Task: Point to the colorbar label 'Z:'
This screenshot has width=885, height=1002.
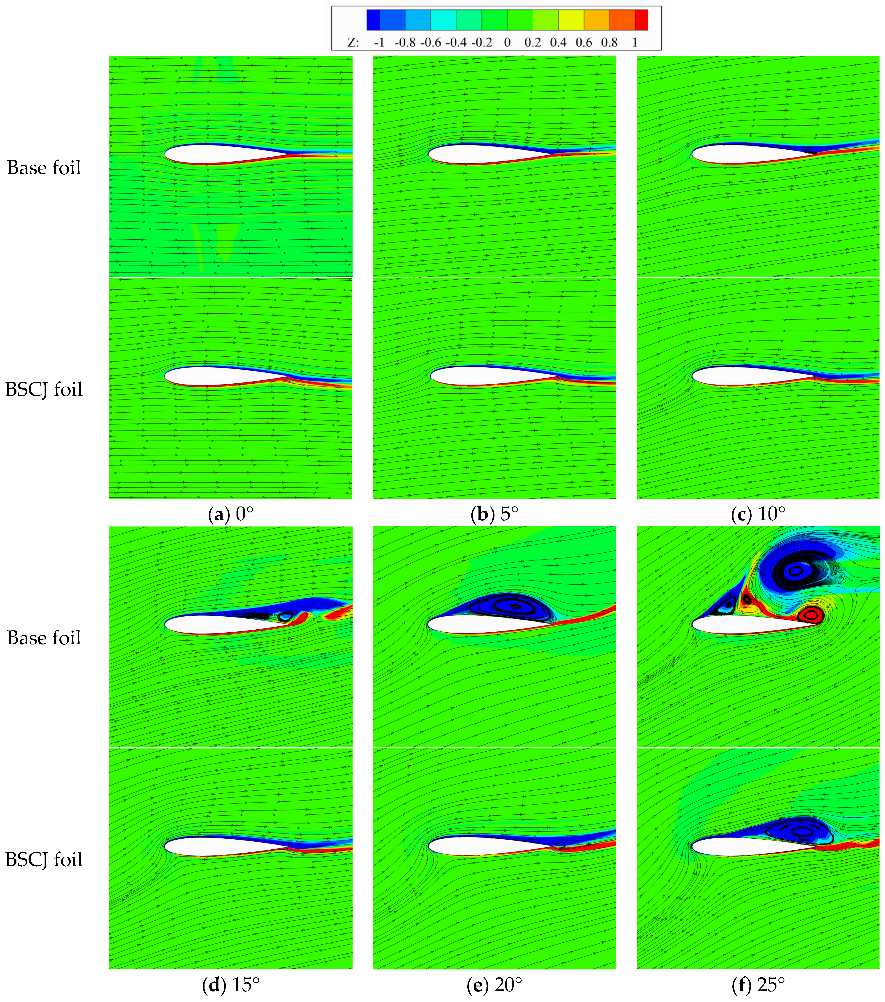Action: coord(353,43)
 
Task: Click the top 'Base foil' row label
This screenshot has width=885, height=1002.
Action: coord(44,168)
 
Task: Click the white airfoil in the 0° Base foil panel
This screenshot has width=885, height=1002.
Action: coord(216,154)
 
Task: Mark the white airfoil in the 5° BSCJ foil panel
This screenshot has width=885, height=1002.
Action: coord(481,376)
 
